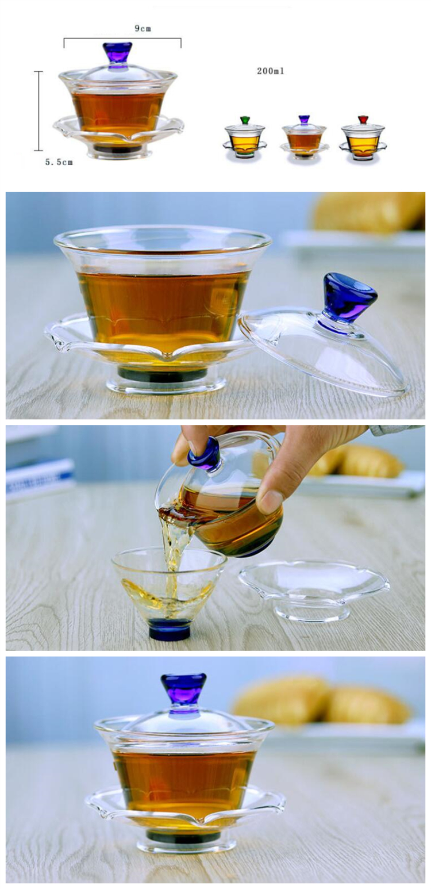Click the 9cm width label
143,29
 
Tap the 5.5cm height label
59,162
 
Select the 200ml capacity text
270,71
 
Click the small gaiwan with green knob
245,137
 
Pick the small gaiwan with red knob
363,137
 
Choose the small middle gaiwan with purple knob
304,137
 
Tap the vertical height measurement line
39,111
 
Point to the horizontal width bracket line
122,39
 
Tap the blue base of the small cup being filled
169,629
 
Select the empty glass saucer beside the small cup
314,589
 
